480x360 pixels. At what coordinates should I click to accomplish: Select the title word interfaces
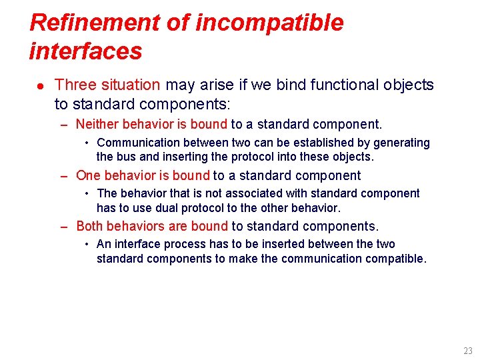point(86,51)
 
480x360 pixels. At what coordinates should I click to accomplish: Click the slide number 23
point(467,351)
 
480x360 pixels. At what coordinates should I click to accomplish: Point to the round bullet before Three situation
point(39,86)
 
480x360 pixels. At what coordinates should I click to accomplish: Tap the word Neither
point(98,124)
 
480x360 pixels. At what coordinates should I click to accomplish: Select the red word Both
point(90,226)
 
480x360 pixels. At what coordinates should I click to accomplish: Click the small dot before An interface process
point(87,245)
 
